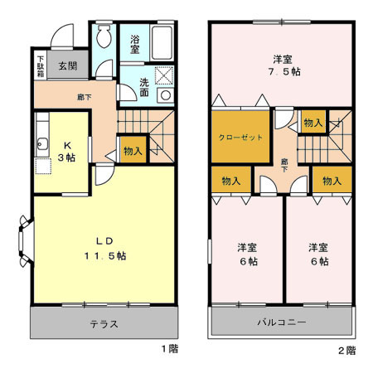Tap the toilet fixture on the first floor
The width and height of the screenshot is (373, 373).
[104, 37]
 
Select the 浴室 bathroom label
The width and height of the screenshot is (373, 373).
[134, 43]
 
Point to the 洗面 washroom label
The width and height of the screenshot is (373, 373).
[144, 87]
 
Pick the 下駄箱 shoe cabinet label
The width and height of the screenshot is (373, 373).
[39, 66]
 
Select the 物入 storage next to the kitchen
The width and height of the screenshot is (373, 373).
[133, 150]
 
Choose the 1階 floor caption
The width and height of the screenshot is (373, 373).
[170, 348]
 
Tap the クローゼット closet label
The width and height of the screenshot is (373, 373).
[241, 137]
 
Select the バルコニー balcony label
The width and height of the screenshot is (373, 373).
[282, 321]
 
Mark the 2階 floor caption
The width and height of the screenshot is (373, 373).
[346, 350]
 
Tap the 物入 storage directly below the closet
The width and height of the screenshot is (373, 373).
[231, 181]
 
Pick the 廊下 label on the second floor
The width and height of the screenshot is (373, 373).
[284, 164]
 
